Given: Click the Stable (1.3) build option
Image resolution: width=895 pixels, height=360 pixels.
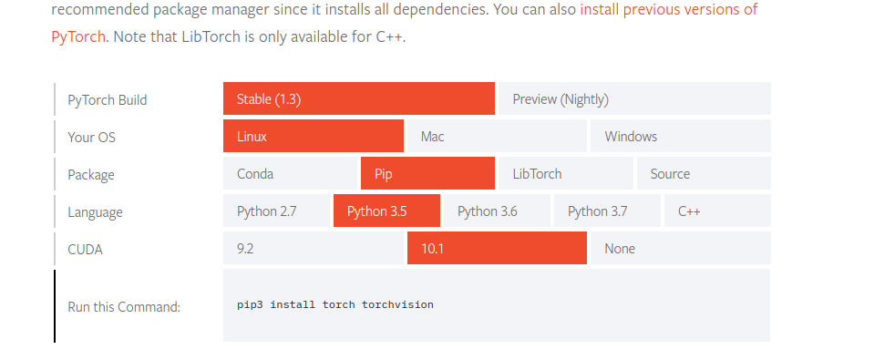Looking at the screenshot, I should (x=359, y=99).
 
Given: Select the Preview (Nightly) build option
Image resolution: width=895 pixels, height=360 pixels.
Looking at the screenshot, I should (x=633, y=99).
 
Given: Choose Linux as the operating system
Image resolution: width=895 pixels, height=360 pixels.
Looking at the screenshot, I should (x=313, y=137).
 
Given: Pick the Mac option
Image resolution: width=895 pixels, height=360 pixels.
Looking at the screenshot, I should (x=497, y=137).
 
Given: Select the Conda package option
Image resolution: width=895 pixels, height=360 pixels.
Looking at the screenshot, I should (x=291, y=174).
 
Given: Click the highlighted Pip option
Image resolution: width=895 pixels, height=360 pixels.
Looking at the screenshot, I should (x=427, y=174).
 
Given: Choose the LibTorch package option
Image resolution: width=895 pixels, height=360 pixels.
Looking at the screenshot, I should (x=565, y=174).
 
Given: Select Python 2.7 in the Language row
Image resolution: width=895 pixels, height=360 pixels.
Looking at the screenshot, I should (x=277, y=211).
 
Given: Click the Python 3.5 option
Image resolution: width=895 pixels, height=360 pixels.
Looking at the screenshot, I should (x=386, y=211).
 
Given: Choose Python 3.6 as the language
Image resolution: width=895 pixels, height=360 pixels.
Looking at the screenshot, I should (x=497, y=211).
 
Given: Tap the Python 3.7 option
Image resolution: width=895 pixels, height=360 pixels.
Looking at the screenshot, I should (x=607, y=211).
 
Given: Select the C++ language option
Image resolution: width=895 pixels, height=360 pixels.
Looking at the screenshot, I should (x=716, y=211).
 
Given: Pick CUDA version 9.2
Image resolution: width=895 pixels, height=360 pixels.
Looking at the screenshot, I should (x=313, y=249).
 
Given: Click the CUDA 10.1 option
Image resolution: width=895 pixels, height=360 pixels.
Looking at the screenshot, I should (x=497, y=249).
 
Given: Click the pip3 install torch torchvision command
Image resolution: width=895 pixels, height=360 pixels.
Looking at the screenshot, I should (x=335, y=304).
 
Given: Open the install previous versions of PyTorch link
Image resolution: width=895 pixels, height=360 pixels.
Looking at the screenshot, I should (x=669, y=11).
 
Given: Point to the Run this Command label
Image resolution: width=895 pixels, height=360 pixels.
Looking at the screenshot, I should (x=124, y=307).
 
